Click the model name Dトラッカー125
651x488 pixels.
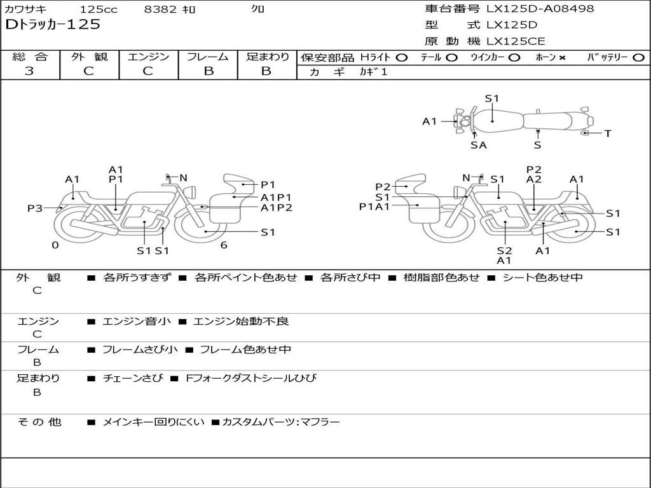click(x=52, y=25)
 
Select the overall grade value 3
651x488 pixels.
click(x=29, y=71)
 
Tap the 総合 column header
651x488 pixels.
click(x=30, y=57)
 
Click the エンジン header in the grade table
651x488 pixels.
click(x=149, y=57)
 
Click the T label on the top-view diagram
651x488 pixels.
click(x=608, y=133)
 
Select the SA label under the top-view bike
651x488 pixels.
click(x=479, y=146)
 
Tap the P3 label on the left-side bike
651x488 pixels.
click(x=35, y=208)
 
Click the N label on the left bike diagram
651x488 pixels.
click(x=183, y=178)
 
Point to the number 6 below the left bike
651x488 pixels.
click(x=224, y=245)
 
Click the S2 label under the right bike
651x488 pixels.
click(x=504, y=250)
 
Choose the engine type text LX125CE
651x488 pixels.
click(x=516, y=41)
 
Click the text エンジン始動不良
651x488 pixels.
click(x=241, y=322)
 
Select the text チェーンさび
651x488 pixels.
click(x=133, y=378)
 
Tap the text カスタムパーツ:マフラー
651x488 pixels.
click(x=280, y=422)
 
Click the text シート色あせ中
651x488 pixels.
click(x=542, y=277)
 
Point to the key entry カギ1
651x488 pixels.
click(x=373, y=72)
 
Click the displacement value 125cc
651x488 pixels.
click(x=99, y=10)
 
